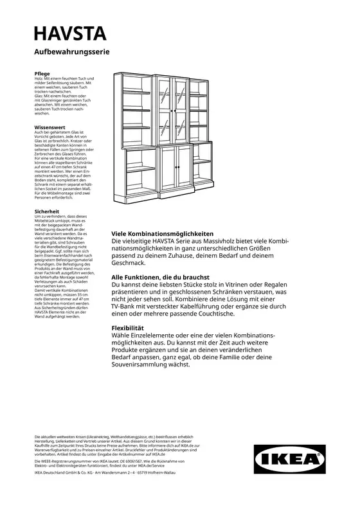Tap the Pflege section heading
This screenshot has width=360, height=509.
pos(42,73)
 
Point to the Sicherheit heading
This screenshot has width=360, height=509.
pos(48,211)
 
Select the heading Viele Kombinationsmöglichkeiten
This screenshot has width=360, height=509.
pos(162,234)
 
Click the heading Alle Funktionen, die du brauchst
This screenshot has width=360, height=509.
pos(161,276)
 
